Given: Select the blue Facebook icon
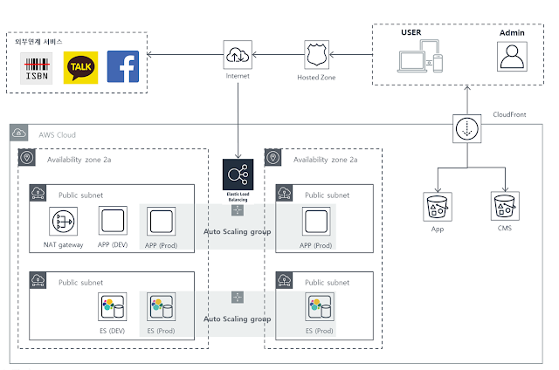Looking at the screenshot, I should (x=122, y=68).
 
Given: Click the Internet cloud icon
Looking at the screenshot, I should (x=238, y=54).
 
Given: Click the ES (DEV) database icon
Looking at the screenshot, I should (x=114, y=308).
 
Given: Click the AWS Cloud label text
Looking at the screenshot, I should (x=58, y=134).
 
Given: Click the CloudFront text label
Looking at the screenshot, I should (x=511, y=113).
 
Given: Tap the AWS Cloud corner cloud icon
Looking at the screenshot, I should (x=19, y=134).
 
